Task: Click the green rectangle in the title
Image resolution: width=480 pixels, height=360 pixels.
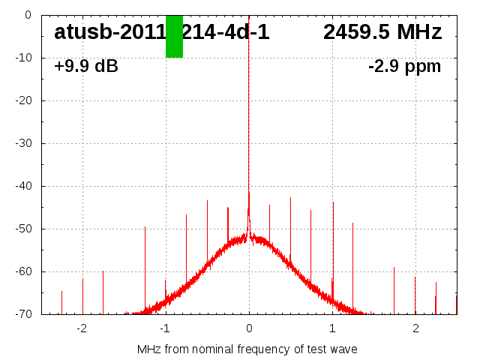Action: tap(174, 36)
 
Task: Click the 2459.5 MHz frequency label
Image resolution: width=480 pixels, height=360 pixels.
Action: tap(382, 32)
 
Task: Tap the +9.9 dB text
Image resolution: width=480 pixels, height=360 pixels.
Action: tap(86, 67)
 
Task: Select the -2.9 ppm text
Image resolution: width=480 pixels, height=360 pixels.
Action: tap(404, 67)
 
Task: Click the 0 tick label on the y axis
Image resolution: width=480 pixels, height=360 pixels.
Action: tap(27, 15)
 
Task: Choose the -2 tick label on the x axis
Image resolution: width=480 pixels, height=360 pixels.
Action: tap(82, 328)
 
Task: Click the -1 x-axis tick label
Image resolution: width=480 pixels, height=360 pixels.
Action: tap(165, 328)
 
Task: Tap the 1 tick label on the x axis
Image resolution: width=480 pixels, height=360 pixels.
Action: tap(332, 328)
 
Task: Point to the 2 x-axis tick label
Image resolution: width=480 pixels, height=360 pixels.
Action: tap(415, 328)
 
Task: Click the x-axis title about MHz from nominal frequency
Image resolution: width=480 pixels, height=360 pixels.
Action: tap(247, 349)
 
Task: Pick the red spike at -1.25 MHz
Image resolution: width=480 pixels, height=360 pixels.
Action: tap(145, 262)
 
